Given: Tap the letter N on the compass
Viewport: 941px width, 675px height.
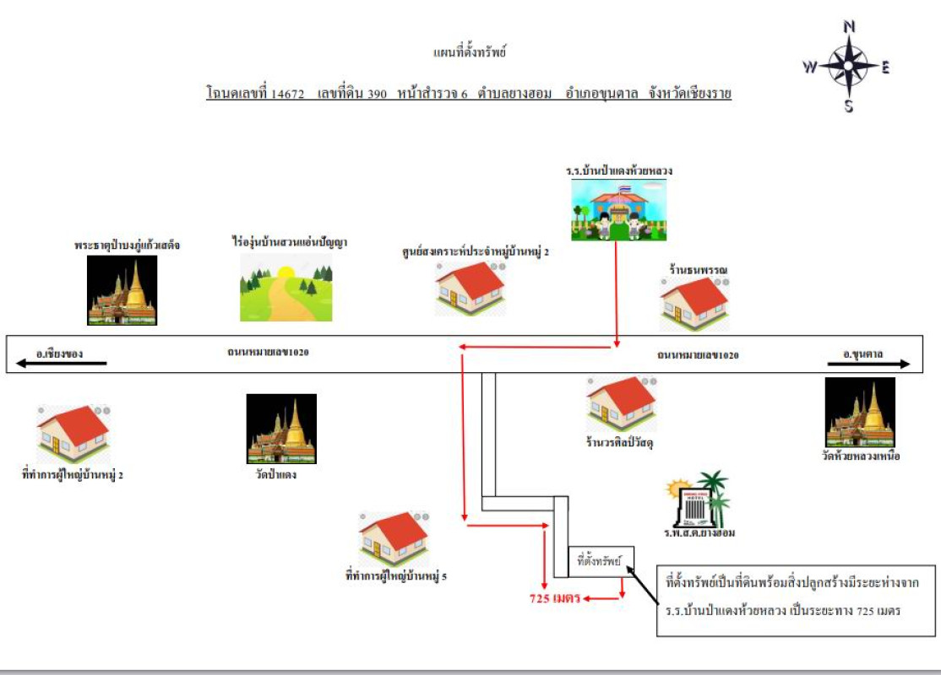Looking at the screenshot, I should tap(849, 26).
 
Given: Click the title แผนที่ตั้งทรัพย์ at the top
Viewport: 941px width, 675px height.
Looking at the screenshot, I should tap(469, 52).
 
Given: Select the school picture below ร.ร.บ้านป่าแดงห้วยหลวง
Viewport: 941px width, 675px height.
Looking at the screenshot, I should tap(617, 211).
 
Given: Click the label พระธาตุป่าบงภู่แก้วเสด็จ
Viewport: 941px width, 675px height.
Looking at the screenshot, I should tap(127, 246).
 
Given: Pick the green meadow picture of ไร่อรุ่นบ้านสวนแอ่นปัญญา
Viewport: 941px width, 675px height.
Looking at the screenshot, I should tap(286, 288).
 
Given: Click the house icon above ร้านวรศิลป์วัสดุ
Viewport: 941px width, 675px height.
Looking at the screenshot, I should tap(622, 403).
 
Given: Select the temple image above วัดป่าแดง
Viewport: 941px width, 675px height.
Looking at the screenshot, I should tap(281, 429).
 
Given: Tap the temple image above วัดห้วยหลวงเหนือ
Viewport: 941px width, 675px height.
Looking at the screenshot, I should tap(860, 413).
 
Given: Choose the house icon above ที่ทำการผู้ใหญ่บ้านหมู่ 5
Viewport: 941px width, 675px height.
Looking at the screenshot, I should tap(394, 539).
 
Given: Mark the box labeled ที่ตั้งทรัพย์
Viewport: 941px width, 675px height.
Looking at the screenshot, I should tap(600, 560).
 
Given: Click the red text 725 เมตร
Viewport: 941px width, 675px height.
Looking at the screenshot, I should tap(554, 599).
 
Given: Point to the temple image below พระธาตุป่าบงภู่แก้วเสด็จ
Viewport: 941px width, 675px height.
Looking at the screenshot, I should tap(122, 290).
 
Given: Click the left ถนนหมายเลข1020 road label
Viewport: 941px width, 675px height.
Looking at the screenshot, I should tap(268, 352).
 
